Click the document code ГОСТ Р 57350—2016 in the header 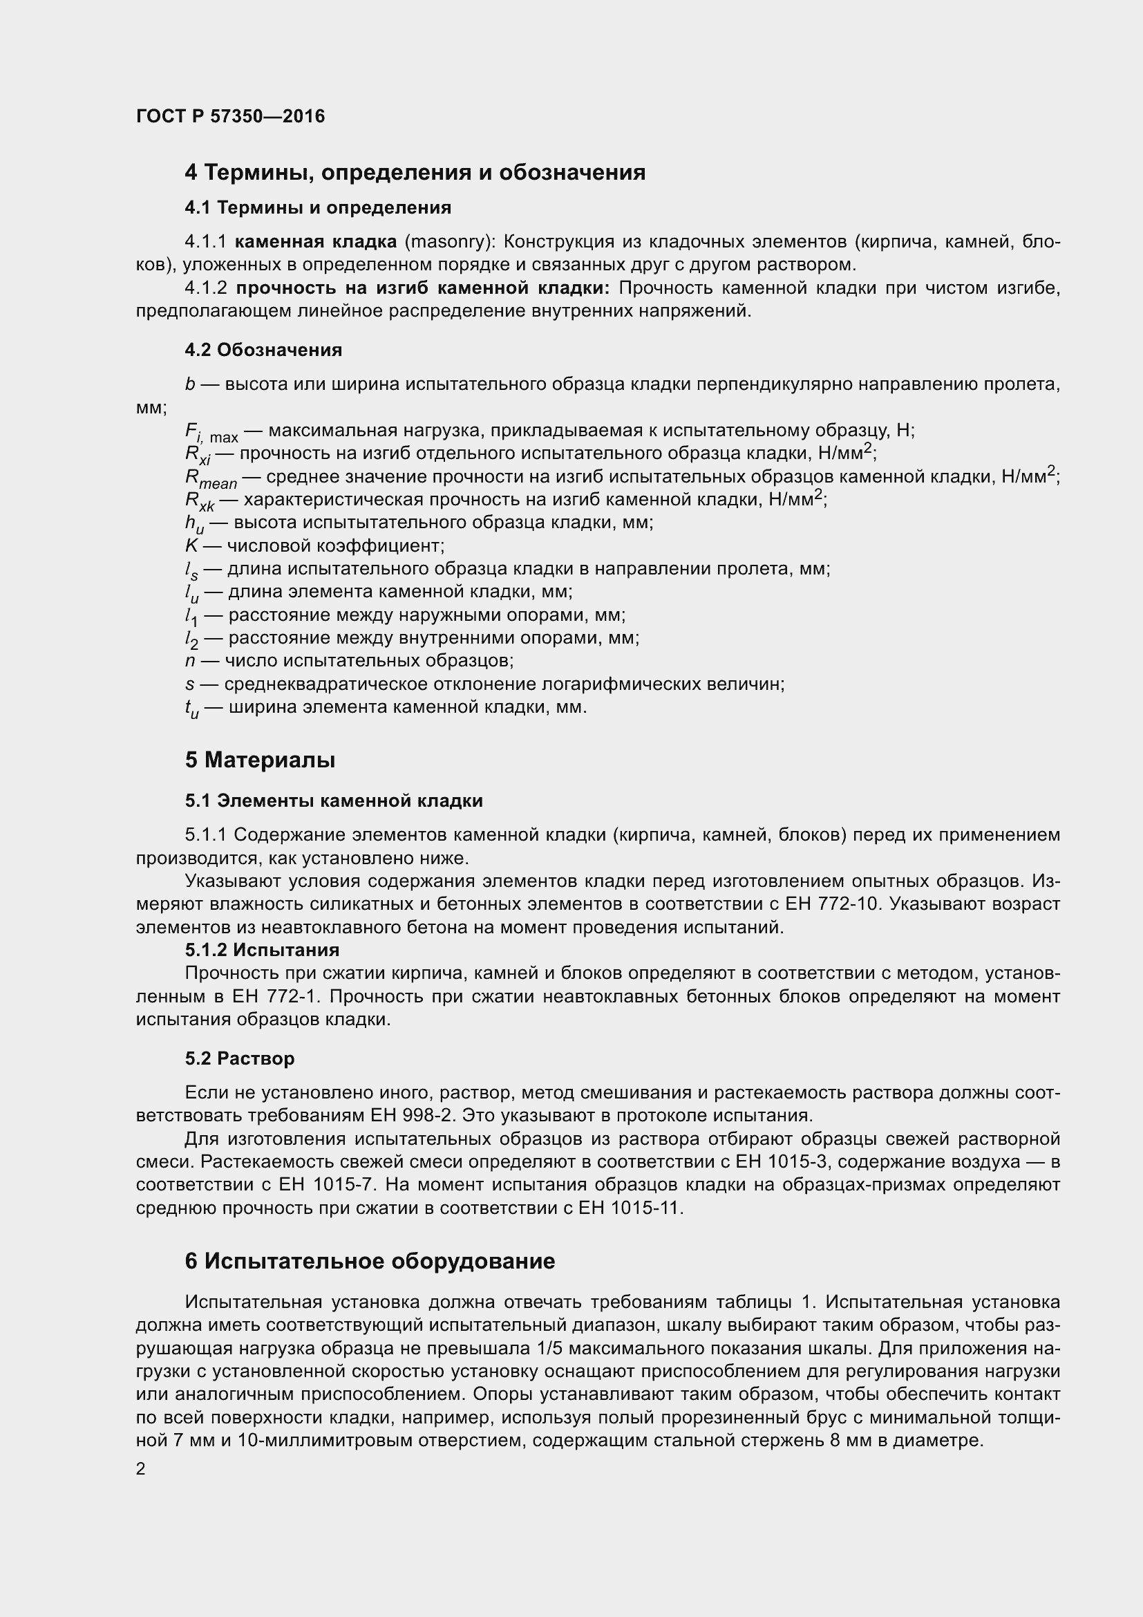(x=230, y=116)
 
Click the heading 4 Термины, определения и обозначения (x=415, y=172)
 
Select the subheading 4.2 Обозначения (x=263, y=349)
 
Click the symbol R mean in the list (x=211, y=478)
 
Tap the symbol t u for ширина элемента (x=191, y=708)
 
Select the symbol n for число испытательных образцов (x=189, y=661)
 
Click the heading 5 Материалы (x=260, y=760)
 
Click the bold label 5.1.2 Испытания (x=262, y=949)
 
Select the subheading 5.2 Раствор (x=239, y=1058)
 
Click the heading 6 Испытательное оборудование (x=370, y=1261)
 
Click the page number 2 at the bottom (x=141, y=1468)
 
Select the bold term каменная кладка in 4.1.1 (x=315, y=241)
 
